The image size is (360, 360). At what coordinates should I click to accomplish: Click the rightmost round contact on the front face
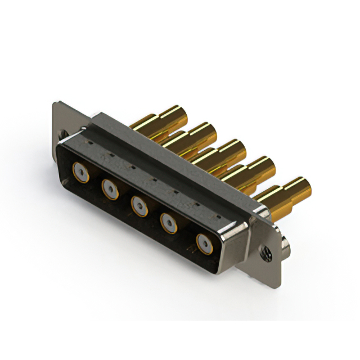tap(204, 245)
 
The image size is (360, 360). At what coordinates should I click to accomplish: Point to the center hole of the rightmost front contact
tap(204, 245)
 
